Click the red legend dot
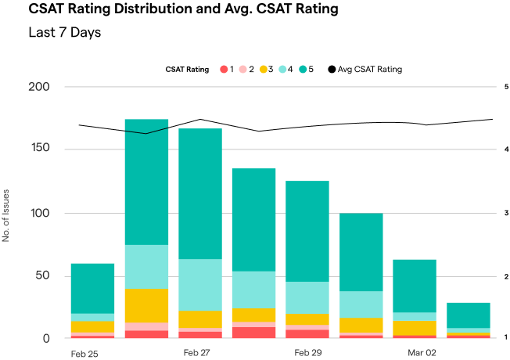click(x=224, y=70)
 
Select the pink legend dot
click(x=243, y=70)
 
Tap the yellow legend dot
click(x=263, y=70)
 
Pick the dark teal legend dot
click(x=303, y=70)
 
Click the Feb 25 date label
click(x=84, y=354)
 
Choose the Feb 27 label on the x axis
click(x=197, y=354)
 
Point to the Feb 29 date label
click(x=308, y=354)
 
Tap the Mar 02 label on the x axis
click(x=422, y=354)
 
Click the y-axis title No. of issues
click(x=6, y=215)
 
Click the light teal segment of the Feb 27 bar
click(x=200, y=285)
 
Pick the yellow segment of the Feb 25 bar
click(x=92, y=326)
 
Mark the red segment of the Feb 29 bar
click(x=307, y=334)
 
